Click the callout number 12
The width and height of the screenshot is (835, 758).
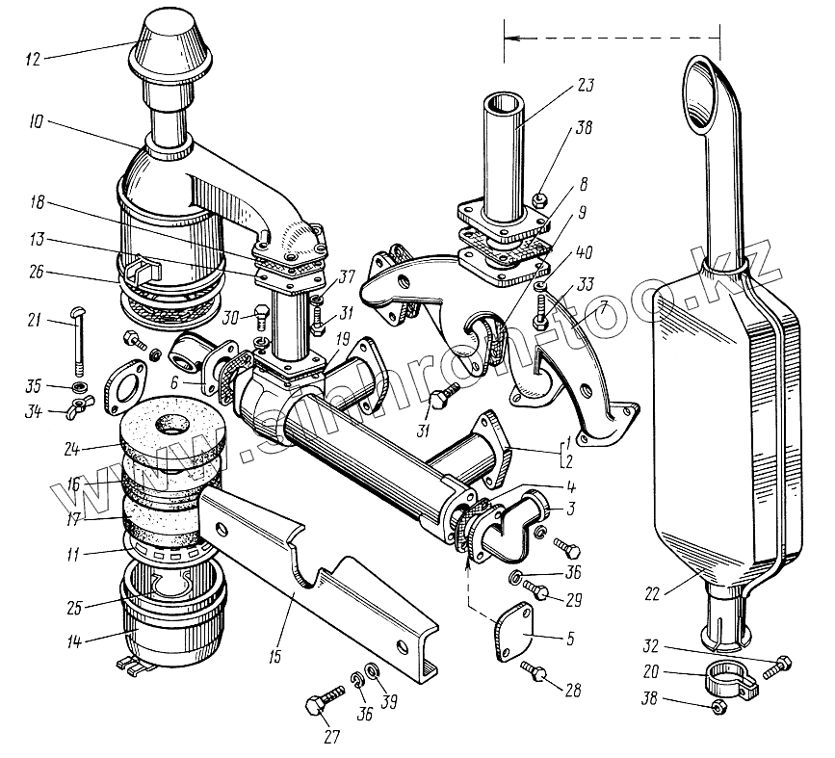click(33, 60)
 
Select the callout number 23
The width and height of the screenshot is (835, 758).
click(584, 86)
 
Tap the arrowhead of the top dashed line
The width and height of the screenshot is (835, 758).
click(510, 38)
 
